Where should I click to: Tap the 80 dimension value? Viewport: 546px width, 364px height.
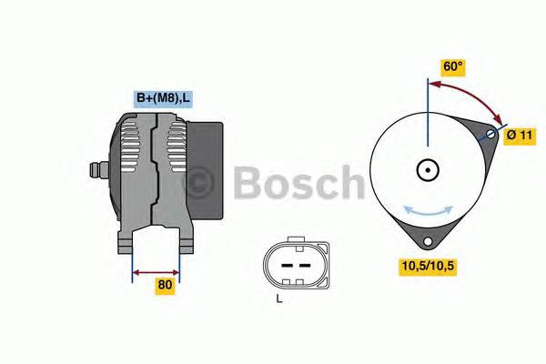(164, 285)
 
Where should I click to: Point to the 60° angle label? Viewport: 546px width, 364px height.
(453, 66)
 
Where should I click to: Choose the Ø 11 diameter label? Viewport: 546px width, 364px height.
(520, 135)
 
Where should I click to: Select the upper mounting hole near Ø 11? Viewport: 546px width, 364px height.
(491, 135)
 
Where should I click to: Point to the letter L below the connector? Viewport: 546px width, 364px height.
(279, 298)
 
